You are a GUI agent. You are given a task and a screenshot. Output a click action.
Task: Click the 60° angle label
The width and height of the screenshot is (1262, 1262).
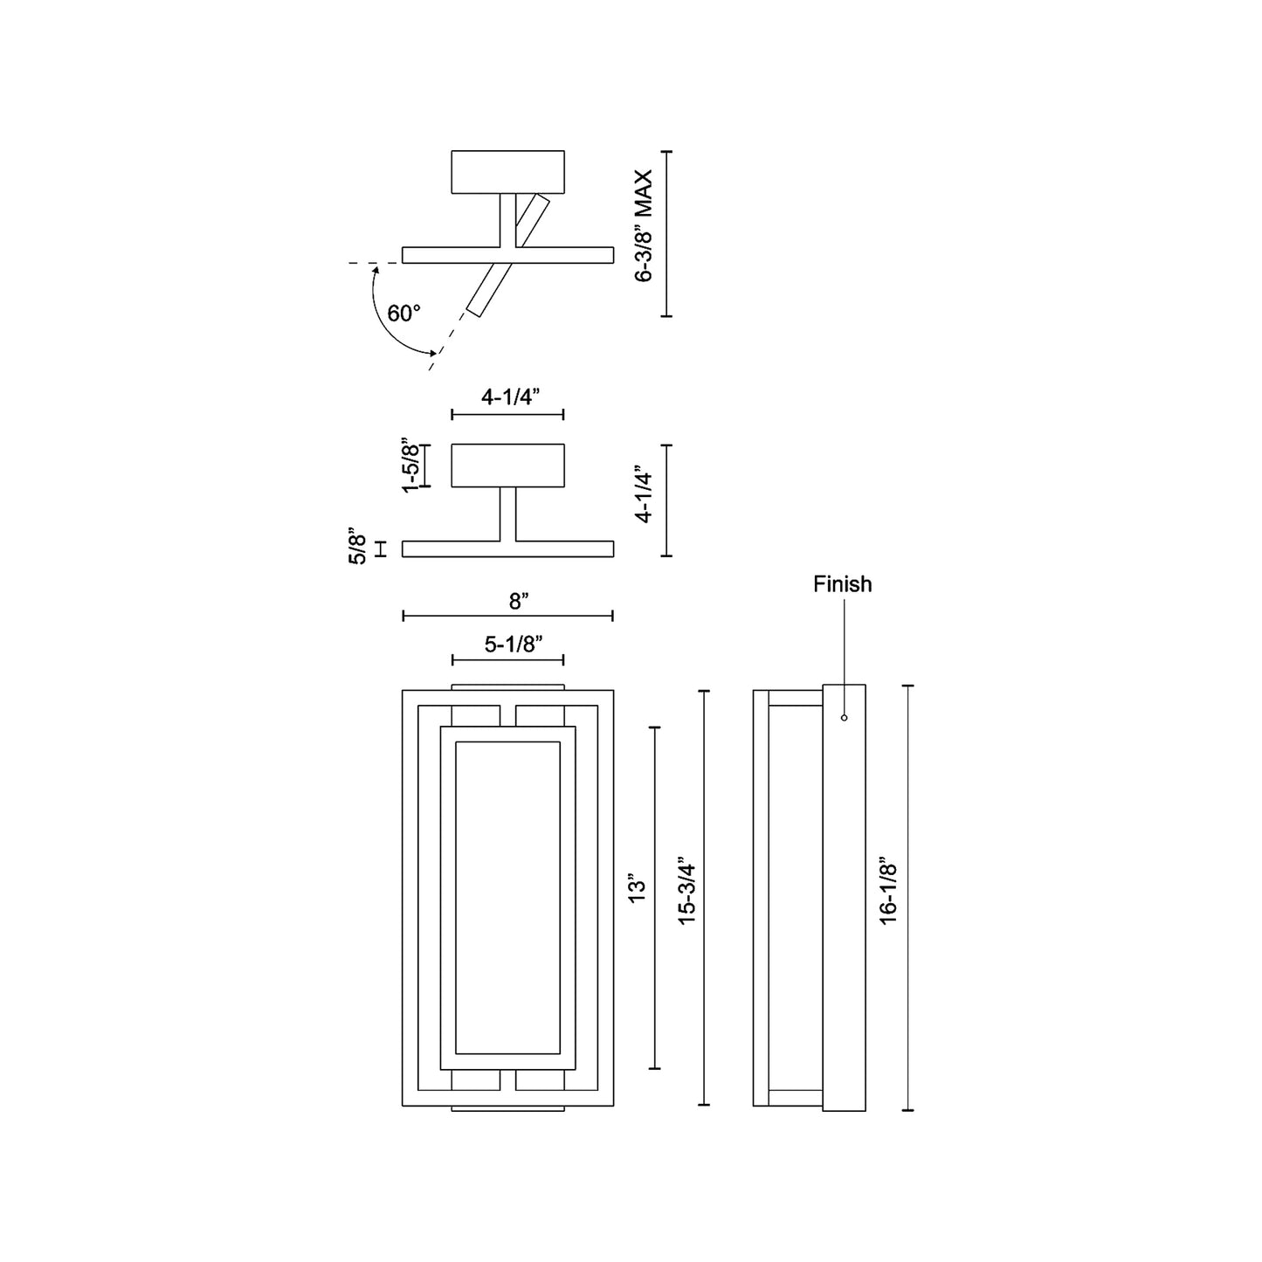403,314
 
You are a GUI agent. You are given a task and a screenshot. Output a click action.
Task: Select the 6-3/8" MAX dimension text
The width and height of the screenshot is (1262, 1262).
645,226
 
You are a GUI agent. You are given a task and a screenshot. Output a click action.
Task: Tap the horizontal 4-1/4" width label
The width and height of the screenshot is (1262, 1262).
510,396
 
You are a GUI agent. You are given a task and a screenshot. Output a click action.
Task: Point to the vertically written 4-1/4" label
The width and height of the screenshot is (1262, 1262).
645,494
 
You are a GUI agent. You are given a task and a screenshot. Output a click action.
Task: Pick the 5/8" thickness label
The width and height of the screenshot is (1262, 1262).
357,547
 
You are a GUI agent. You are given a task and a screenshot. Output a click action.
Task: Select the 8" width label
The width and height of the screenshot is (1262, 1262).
518,601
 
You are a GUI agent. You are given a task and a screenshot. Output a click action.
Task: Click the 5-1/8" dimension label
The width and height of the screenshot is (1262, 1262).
514,645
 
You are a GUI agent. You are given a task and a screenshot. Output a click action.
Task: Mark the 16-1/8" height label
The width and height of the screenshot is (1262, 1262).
888,891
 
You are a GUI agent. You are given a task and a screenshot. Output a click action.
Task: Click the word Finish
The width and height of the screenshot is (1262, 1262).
842,584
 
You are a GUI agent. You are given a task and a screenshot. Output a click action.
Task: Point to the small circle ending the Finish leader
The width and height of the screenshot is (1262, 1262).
844,718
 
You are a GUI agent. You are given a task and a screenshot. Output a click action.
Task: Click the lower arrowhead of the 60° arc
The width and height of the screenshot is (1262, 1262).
432,352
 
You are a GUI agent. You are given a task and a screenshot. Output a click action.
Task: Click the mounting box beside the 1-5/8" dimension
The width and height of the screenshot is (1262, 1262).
507,465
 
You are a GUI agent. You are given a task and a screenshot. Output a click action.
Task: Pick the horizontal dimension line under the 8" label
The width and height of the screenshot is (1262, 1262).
507,617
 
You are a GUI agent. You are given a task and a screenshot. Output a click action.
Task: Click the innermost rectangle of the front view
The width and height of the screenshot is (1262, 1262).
507,898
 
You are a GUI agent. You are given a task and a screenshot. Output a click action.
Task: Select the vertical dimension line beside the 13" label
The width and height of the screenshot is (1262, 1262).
655,898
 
